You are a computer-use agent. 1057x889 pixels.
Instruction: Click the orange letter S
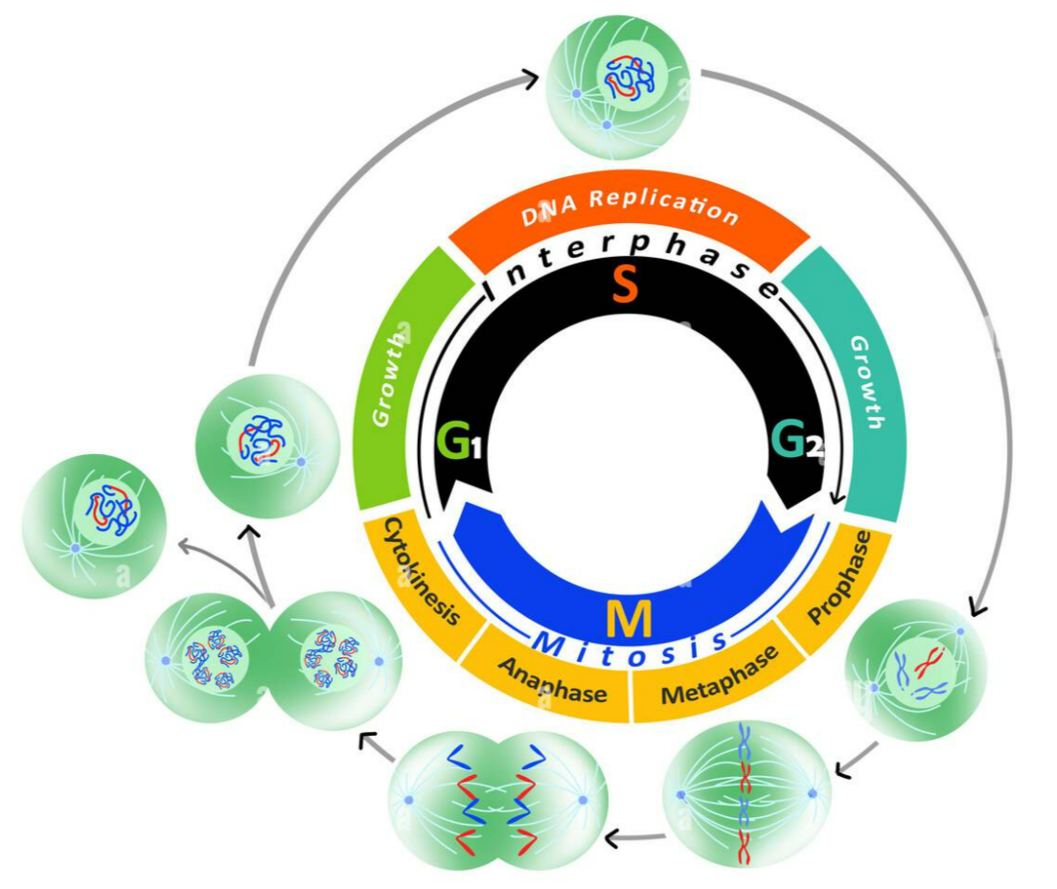point(625,284)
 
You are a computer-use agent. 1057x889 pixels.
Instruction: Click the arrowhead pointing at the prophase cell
point(976,606)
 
